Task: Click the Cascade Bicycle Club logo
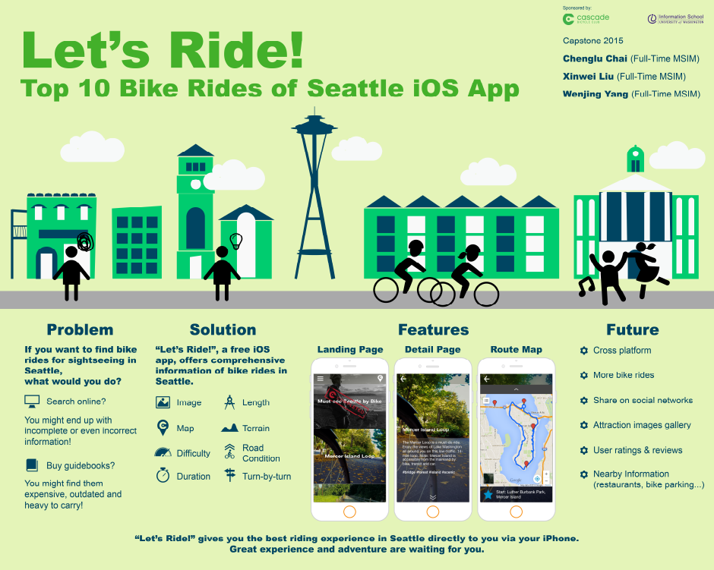pyautogui.click(x=586, y=18)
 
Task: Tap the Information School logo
pyautogui.click(x=675, y=18)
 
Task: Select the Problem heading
pyautogui.click(x=80, y=329)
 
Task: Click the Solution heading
pyautogui.click(x=223, y=329)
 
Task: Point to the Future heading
pyautogui.click(x=632, y=329)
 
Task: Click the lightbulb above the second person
pyautogui.click(x=236, y=241)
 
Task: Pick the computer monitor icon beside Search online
pyautogui.click(x=32, y=401)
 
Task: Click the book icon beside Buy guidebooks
pyautogui.click(x=32, y=465)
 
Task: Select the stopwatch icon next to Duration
pyautogui.click(x=163, y=476)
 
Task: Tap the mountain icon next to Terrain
pyautogui.click(x=229, y=428)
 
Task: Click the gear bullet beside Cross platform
pyautogui.click(x=583, y=351)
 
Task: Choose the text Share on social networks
pyautogui.click(x=643, y=400)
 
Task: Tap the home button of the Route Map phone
pyautogui.click(x=516, y=511)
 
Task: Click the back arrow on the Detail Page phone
pyautogui.click(x=403, y=378)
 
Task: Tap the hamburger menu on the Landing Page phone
pyautogui.click(x=321, y=378)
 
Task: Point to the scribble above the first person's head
pyautogui.click(x=85, y=242)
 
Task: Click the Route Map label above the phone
pyautogui.click(x=516, y=350)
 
